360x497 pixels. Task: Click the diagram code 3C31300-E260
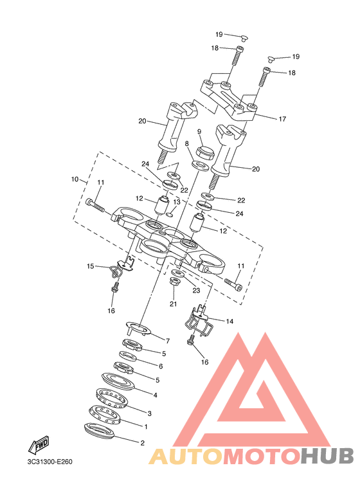(50, 462)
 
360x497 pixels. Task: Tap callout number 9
(199, 132)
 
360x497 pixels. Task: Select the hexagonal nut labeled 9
(206, 152)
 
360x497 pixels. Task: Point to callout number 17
(282, 119)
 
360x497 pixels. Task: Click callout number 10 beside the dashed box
(75, 179)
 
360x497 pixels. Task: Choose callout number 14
(230, 321)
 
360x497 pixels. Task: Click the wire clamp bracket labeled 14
(198, 320)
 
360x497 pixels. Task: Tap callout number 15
(91, 266)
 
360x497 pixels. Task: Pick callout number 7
(168, 341)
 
